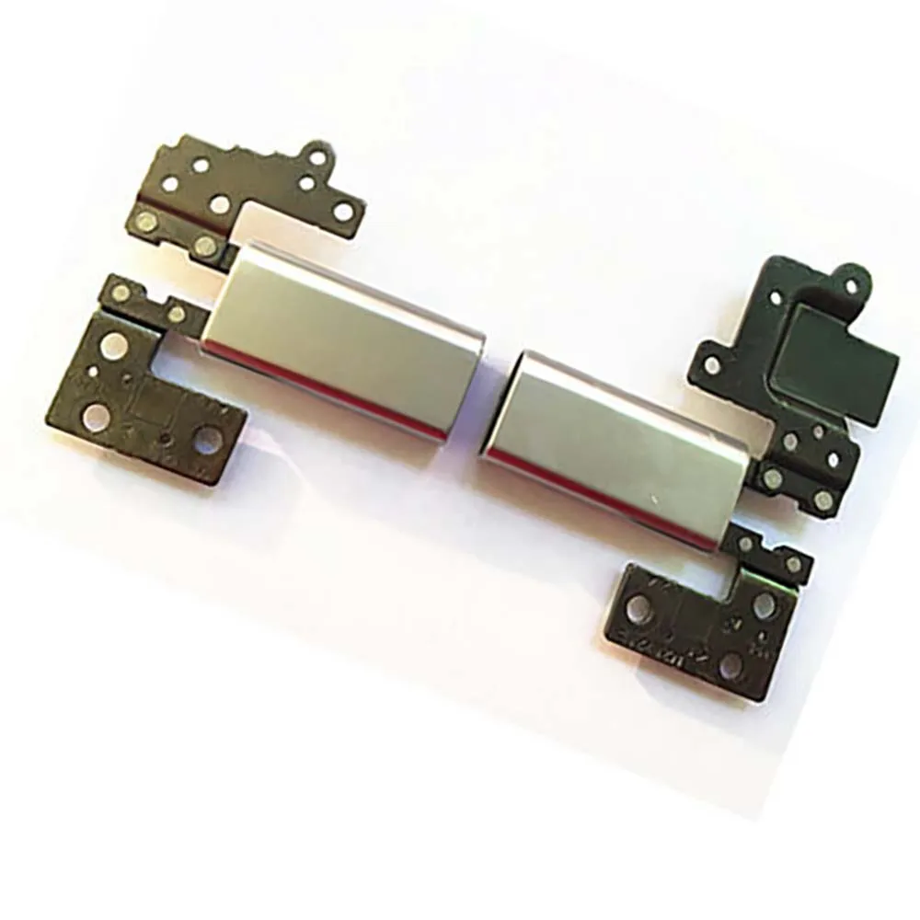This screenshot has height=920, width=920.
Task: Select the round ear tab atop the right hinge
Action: tap(850, 282)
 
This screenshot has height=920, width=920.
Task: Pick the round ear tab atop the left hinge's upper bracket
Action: tap(317, 157)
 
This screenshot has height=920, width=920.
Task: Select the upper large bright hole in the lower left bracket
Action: tap(113, 347)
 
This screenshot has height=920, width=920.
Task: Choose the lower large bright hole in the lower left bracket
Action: tap(95, 416)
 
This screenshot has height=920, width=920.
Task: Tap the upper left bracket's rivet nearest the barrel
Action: tap(205, 244)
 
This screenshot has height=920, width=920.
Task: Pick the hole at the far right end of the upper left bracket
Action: tap(343, 212)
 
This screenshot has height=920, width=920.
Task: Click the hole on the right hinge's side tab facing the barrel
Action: tap(712, 365)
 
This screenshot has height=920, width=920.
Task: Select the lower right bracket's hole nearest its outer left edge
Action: tap(638, 606)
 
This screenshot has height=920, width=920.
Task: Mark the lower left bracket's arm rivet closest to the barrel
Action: tap(176, 314)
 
